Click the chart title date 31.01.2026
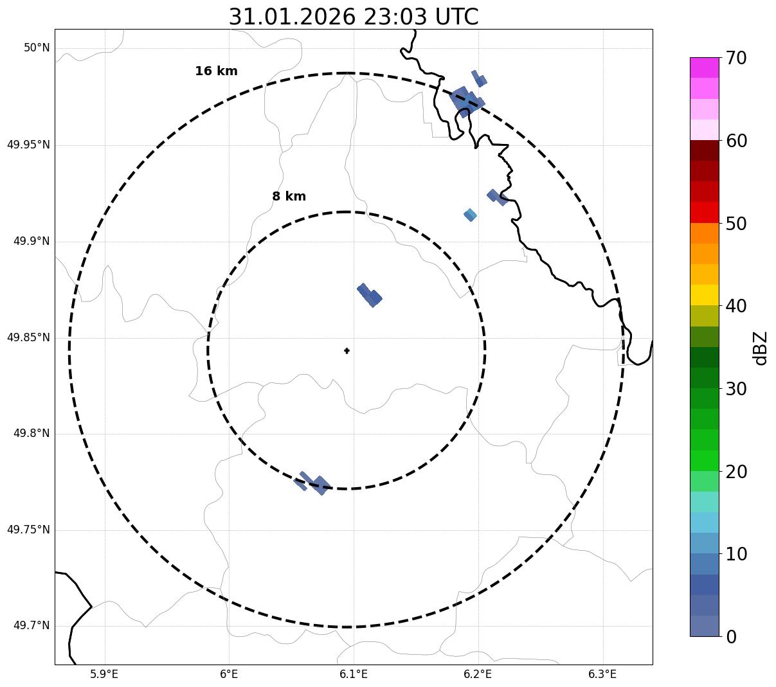point(291,17)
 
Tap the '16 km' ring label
point(216,71)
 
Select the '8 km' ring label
point(289,197)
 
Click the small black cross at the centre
point(347,351)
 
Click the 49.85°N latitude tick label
point(28,337)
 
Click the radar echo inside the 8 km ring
point(370,296)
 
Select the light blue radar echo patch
point(470,215)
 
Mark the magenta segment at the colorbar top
point(704,67)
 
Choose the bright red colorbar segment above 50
point(704,212)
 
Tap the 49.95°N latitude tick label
point(28,145)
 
